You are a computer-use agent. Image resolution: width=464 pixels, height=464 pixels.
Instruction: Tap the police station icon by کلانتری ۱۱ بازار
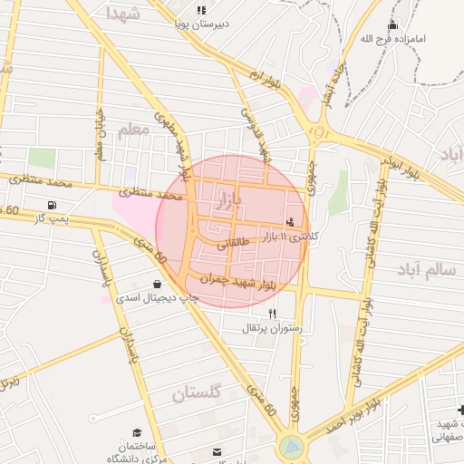pyautogui.click(x=290, y=220)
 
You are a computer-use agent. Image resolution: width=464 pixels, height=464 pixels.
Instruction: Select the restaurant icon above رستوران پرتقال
pyautogui.click(x=273, y=313)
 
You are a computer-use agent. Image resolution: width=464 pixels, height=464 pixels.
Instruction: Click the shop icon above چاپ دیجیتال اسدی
pyautogui.click(x=158, y=284)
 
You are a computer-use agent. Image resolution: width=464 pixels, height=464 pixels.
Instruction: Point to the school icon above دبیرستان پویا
pyautogui.click(x=201, y=10)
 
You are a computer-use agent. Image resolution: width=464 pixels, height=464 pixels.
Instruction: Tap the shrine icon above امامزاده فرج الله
pyautogui.click(x=391, y=24)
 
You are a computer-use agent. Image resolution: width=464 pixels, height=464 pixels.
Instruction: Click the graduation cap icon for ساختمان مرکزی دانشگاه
pyautogui.click(x=137, y=433)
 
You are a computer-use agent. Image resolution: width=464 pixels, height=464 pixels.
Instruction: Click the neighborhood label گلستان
pyautogui.click(x=197, y=393)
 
